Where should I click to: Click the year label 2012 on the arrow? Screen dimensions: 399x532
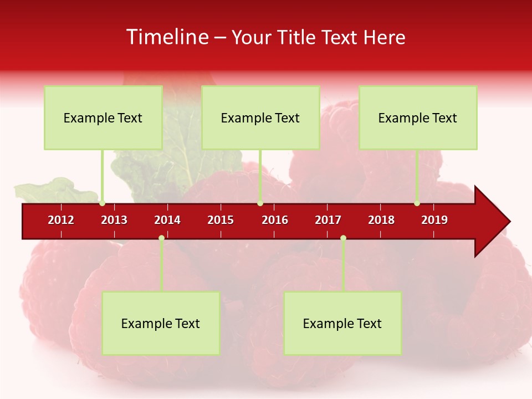tap(61, 220)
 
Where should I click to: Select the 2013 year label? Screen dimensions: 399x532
tap(114, 220)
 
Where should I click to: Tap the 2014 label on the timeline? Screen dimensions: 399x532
tap(167, 220)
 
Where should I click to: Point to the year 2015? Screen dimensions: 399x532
tap(221, 220)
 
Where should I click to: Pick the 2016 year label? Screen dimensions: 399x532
tap(275, 220)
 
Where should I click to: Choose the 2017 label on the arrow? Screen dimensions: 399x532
tap(328, 220)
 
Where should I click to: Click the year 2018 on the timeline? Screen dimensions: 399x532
tap(381, 220)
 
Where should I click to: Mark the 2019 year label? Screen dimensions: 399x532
tap(434, 220)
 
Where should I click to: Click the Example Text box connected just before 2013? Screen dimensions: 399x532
tap(103, 117)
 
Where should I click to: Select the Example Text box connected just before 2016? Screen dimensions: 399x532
tap(260, 117)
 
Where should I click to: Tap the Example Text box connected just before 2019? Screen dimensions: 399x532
tap(418, 117)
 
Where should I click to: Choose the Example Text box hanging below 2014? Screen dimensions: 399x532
tap(161, 323)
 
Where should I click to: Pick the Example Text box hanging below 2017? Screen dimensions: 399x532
tap(342, 323)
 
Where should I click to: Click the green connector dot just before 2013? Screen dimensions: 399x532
tap(103, 203)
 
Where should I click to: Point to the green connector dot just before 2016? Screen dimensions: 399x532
tap(260, 203)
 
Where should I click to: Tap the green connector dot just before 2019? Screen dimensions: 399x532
tap(417, 203)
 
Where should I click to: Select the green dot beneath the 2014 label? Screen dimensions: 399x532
tap(161, 238)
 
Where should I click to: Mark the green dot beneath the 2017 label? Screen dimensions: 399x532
tap(343, 238)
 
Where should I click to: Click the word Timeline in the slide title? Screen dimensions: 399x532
tap(166, 37)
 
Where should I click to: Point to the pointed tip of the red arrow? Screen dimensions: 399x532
tap(509, 222)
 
